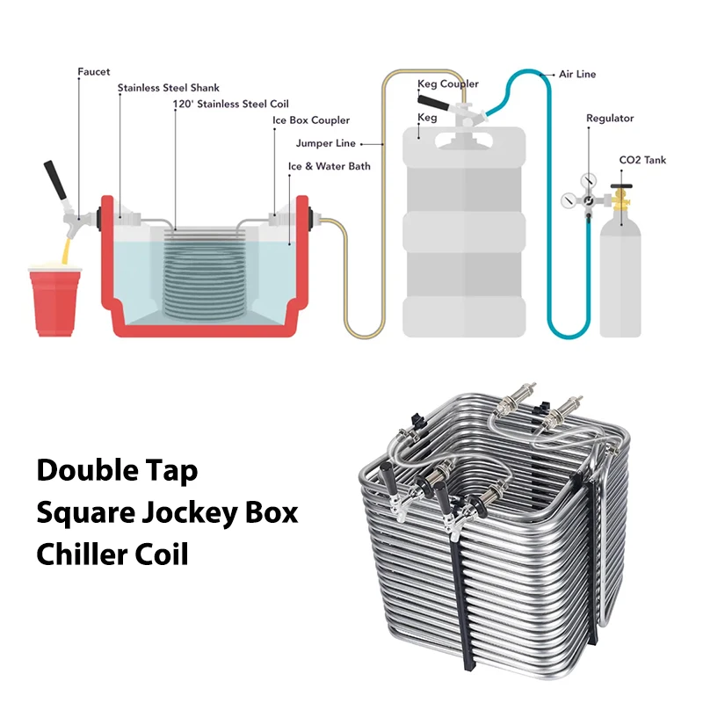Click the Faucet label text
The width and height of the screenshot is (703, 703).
94,72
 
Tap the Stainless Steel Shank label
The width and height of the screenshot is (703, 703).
169,88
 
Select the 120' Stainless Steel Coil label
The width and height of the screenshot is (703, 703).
231,104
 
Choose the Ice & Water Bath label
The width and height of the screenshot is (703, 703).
330,166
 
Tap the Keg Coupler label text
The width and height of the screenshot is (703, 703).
448,84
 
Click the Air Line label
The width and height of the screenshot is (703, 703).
577,74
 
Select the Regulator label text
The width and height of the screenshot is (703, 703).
610,119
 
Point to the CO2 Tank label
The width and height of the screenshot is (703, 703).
644,160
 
